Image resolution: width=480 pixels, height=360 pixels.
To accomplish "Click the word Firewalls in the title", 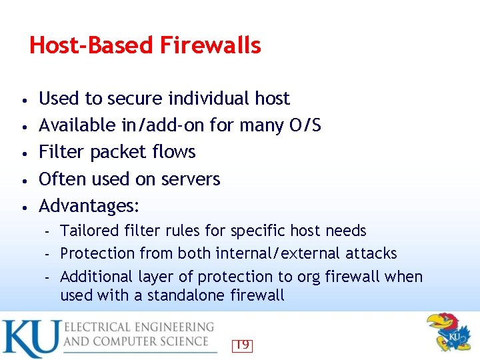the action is coord(210,45).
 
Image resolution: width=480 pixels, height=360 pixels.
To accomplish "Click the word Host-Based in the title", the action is coord(91,45).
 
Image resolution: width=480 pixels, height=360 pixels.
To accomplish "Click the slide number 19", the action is coord(242,345).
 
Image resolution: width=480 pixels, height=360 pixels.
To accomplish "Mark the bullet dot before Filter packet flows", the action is coord(23,153).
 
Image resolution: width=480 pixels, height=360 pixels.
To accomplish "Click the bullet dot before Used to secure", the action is coord(23,100).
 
